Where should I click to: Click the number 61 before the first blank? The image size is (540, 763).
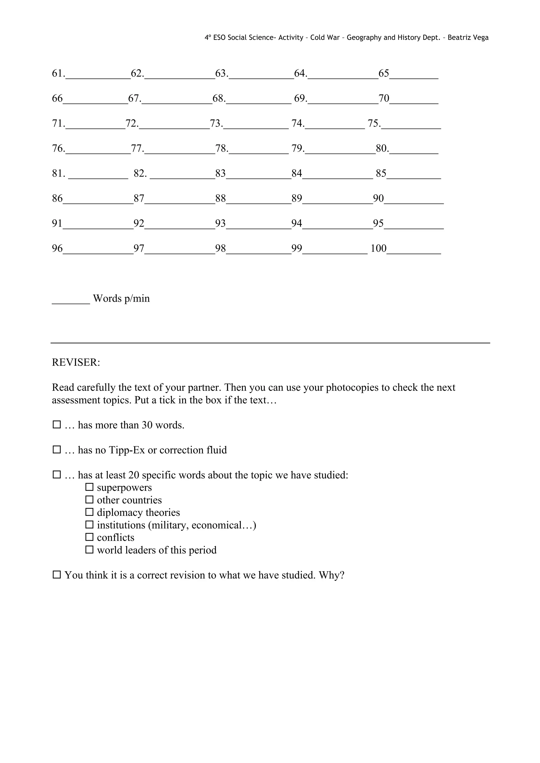click(x=57, y=74)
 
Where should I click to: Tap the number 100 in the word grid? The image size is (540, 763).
click(x=378, y=248)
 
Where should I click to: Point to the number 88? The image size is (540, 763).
click(x=220, y=198)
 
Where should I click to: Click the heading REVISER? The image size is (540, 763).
click(x=76, y=363)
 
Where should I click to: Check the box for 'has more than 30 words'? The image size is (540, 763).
click(x=57, y=425)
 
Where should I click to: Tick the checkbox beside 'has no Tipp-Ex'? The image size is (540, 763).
click(x=57, y=450)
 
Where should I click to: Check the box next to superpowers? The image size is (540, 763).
click(x=89, y=487)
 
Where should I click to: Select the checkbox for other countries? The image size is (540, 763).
click(x=89, y=500)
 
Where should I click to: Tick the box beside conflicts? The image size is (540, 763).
click(x=89, y=537)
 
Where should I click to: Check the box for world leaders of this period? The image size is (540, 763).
click(x=89, y=550)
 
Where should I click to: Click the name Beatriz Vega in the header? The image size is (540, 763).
click(x=468, y=38)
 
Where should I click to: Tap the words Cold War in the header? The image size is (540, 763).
click(x=325, y=38)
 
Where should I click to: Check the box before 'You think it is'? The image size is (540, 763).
click(x=57, y=575)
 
